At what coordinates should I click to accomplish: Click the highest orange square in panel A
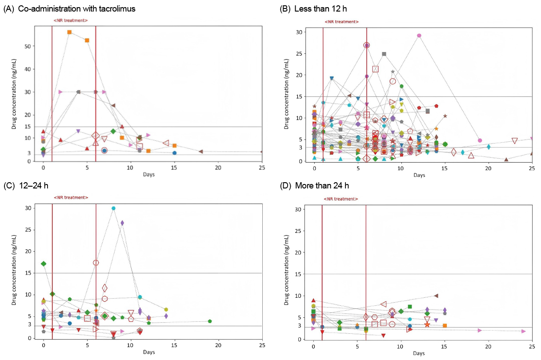click(x=69, y=32)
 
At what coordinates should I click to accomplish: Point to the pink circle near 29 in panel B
click(x=419, y=36)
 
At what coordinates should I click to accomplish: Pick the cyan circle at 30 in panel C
click(x=113, y=208)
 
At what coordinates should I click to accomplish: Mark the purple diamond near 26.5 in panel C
click(x=122, y=223)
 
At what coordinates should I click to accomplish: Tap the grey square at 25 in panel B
click(x=384, y=54)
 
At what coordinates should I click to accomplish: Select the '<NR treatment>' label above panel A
click(x=70, y=20)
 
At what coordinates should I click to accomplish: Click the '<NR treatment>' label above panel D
click(x=341, y=199)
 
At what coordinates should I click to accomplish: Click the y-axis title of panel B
click(x=286, y=96)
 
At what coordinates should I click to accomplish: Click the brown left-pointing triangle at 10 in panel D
click(x=436, y=296)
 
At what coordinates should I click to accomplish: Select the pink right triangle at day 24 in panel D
click(x=523, y=331)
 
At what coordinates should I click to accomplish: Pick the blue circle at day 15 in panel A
click(x=175, y=153)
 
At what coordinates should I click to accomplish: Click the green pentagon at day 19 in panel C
click(x=209, y=321)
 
